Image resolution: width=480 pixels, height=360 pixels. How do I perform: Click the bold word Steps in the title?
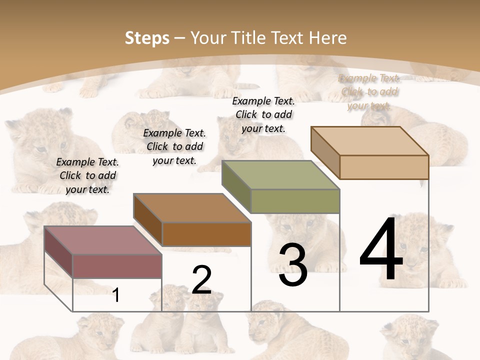(147, 38)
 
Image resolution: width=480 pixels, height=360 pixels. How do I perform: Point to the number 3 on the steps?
(293, 265)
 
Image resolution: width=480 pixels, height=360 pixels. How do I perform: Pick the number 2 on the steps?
(201, 280)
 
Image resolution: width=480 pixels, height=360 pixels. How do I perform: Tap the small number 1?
(116, 295)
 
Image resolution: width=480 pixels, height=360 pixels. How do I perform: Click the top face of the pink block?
(103, 240)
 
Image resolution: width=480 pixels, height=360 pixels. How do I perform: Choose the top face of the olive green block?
(280, 175)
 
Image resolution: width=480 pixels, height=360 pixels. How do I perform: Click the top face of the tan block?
(369, 141)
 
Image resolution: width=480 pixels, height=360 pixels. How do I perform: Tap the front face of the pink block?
(117, 266)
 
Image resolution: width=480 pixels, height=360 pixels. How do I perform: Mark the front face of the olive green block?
(295, 201)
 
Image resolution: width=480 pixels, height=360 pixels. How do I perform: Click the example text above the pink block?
(87, 175)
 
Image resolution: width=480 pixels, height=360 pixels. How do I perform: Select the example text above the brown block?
(174, 146)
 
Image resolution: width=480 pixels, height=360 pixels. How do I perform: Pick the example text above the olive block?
(263, 114)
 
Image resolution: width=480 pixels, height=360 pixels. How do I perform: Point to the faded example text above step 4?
(369, 91)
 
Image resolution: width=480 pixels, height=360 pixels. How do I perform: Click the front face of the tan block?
(384, 167)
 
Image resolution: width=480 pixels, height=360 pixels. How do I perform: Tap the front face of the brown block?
(206, 234)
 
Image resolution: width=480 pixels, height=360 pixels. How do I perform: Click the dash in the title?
(180, 38)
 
